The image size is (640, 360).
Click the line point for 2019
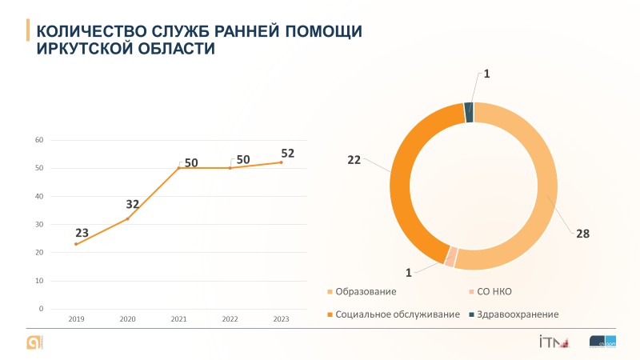pyautogui.click(x=76, y=244)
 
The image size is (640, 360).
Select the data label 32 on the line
pyautogui.click(x=132, y=205)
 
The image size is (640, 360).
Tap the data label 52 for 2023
pyautogui.click(x=287, y=153)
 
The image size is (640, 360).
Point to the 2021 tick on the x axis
pyautogui.click(x=178, y=319)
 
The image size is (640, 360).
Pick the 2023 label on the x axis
pyautogui.click(x=281, y=319)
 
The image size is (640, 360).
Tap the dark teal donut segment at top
pyautogui.click(x=469, y=112)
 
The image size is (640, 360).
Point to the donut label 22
pyautogui.click(x=354, y=159)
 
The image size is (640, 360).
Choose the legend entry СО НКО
pyautogui.click(x=494, y=291)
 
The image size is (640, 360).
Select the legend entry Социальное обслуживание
pyautogui.click(x=398, y=314)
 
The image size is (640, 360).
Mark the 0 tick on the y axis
pyautogui.click(x=41, y=309)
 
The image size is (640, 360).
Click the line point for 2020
pyautogui.click(x=127, y=218)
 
